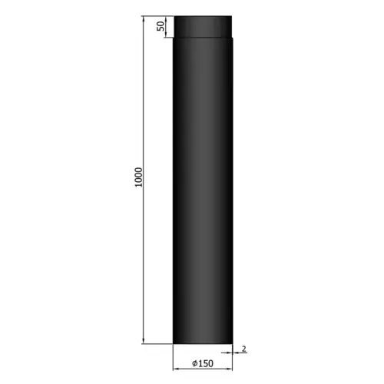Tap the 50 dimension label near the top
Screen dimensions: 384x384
[161, 26]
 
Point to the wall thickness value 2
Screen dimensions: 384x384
[243, 348]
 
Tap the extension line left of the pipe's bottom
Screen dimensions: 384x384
[157, 344]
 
